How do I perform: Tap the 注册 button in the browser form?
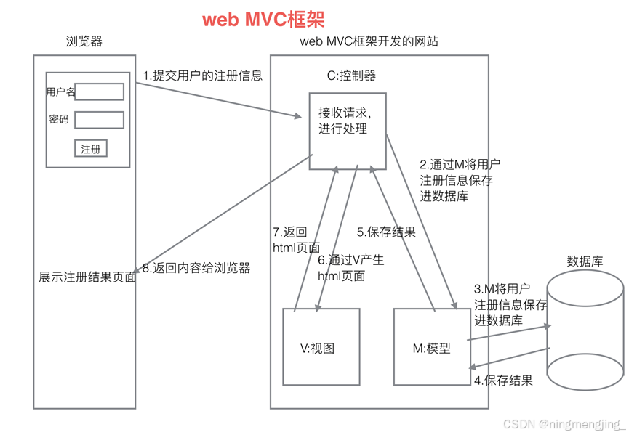pyautogui.click(x=91, y=149)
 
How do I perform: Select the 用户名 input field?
pyautogui.click(x=99, y=92)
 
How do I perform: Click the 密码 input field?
pyautogui.click(x=99, y=119)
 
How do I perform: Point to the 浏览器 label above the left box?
pyautogui.click(x=84, y=42)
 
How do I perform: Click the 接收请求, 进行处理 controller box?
pyautogui.click(x=347, y=131)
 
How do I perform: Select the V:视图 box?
pyautogui.click(x=321, y=347)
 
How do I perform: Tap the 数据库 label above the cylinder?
pyautogui.click(x=585, y=261)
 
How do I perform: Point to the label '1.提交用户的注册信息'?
pyautogui.click(x=202, y=76)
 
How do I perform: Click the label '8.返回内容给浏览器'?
pyautogui.click(x=196, y=268)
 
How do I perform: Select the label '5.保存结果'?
pyautogui.click(x=386, y=232)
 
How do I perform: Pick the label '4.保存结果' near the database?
pyautogui.click(x=503, y=380)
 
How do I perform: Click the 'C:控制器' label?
pyautogui.click(x=351, y=76)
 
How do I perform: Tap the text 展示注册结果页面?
pyautogui.click(x=87, y=277)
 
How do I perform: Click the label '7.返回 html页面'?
pyautogui.click(x=290, y=240)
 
